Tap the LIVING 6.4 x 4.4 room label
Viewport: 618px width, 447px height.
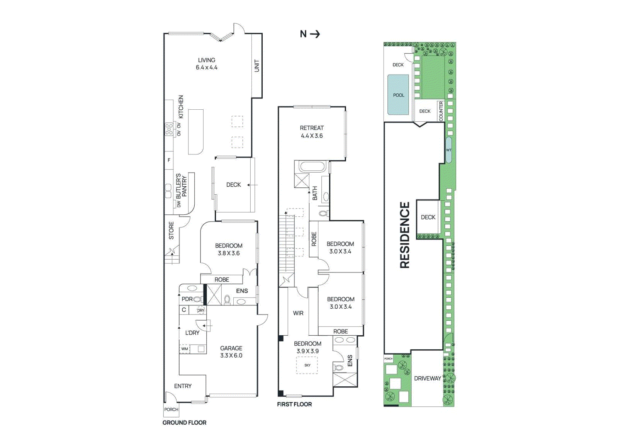pos(207,64)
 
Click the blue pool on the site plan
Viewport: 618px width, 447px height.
pos(398,95)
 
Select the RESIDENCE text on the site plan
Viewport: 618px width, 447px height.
pos(404,235)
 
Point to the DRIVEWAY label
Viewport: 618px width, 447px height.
pos(427,379)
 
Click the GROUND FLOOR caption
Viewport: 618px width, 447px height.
pos(184,423)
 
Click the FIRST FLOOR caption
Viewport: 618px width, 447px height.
pos(294,404)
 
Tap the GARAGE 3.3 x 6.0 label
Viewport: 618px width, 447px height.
pos(231,352)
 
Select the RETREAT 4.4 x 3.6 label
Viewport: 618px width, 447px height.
pos(312,132)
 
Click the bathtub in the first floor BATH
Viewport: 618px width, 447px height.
pos(313,167)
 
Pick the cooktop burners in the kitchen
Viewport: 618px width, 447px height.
pos(169,129)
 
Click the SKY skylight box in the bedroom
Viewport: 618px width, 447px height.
pos(307,365)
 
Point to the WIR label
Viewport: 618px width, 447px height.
pos(298,313)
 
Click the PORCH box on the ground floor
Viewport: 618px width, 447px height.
pos(171,410)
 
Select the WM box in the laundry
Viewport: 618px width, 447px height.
pos(185,349)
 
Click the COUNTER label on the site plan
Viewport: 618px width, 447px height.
pos(441,111)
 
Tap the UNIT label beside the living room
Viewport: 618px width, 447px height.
pos(257,66)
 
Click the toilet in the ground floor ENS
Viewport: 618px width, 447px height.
pos(227,299)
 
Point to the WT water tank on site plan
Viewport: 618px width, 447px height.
pos(448,150)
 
